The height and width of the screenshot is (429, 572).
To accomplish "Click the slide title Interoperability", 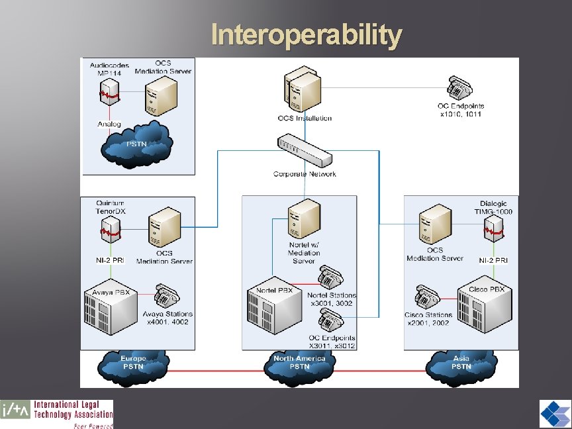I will [306, 35].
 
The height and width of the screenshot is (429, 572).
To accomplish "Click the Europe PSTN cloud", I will [133, 363].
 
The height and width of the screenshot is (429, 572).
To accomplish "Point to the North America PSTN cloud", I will [299, 363].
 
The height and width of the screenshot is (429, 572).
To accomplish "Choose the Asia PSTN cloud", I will [461, 363].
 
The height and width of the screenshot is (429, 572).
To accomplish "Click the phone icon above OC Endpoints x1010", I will [459, 88].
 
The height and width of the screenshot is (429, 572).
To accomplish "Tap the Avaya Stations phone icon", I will [166, 296].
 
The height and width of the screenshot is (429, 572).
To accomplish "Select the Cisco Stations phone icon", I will [426, 297].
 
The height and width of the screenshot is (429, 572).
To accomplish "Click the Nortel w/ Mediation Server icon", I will [305, 220].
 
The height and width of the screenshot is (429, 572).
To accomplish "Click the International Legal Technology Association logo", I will [57, 414].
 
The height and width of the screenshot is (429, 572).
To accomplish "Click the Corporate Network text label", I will [305, 174].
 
